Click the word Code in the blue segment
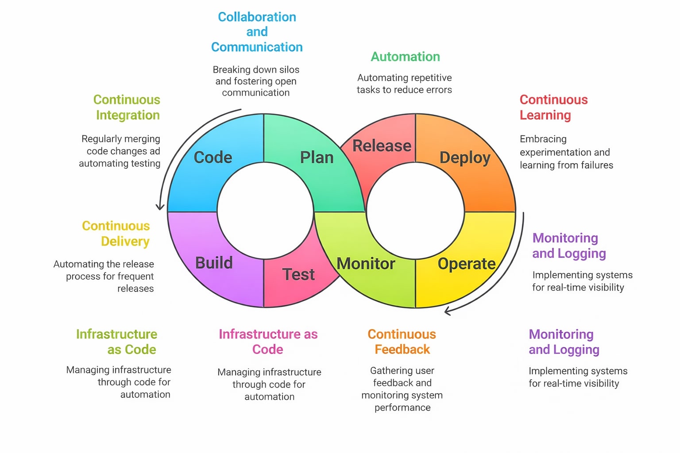pos(213,157)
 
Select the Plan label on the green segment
pos(317,157)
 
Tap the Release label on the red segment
pos(382,146)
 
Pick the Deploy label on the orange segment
pos(465,158)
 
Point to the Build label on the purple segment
pos(214,263)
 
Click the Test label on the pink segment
pos(299,274)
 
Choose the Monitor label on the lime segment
pos(366,264)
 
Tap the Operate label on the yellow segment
pos(467,264)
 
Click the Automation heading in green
pos(405,57)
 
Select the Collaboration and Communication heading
pos(257,32)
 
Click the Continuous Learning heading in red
pos(553,107)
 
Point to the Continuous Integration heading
pos(127,107)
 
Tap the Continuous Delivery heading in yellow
pos(116,234)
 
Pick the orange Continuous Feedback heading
pos(402,342)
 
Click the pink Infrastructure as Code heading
pos(268,342)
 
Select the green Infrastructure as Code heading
pos(117,342)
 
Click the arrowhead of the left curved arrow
pos(160,207)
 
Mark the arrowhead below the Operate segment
pos(448,311)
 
